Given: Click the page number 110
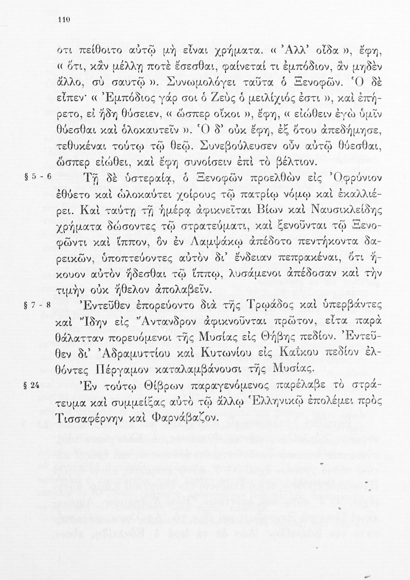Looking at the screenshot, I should click(x=63, y=21).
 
